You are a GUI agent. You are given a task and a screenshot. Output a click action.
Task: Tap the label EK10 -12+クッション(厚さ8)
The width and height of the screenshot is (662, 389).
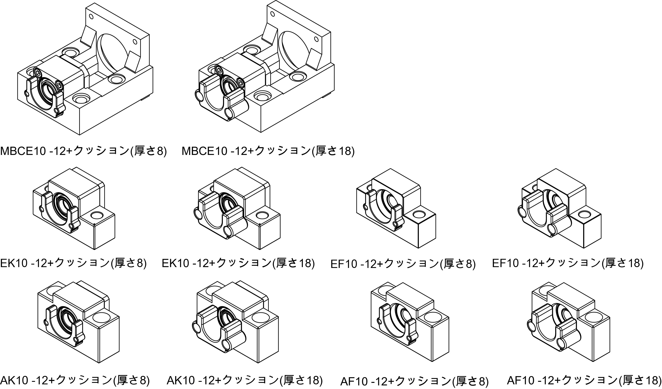pyautogui.click(x=73, y=263)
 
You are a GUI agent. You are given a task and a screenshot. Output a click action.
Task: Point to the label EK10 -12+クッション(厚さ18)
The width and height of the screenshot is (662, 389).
pyautogui.click(x=238, y=263)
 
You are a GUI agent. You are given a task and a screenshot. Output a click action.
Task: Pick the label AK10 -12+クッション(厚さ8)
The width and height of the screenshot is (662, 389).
pyautogui.click(x=75, y=380)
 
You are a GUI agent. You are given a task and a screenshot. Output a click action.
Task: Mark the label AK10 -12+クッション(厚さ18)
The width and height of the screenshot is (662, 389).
pyautogui.click(x=245, y=380)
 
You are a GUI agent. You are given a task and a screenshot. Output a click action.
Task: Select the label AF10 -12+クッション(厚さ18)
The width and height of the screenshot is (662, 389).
pyautogui.click(x=584, y=380)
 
